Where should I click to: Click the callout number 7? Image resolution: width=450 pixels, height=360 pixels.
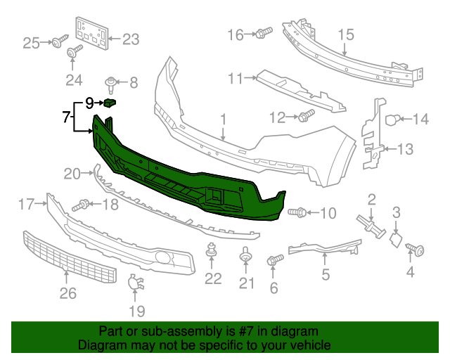66,117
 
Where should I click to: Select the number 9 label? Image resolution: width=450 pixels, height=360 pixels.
89,103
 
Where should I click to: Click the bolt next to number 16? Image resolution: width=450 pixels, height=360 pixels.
264,32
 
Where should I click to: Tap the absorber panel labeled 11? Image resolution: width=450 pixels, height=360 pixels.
299,89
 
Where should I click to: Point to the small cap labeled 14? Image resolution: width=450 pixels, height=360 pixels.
394,120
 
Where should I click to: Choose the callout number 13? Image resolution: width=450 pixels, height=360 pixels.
406,148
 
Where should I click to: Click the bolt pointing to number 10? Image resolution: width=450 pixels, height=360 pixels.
298,212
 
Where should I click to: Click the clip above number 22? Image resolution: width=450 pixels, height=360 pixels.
211,250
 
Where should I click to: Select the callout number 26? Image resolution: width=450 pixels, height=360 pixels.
67,293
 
